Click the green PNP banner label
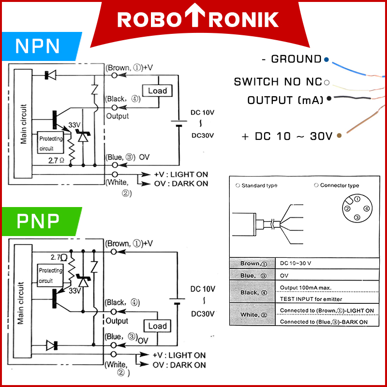click(x=38, y=221)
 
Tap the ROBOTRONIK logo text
click(x=198, y=19)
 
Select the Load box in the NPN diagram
click(x=157, y=90)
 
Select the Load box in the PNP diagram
click(x=157, y=326)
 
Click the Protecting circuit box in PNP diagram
click(x=50, y=275)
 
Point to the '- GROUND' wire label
click(x=291, y=59)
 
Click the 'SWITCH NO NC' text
click(x=278, y=82)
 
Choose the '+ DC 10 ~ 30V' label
click(x=287, y=136)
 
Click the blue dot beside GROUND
click(x=327, y=60)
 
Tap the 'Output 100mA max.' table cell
click(x=305, y=288)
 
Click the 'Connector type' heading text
click(x=339, y=185)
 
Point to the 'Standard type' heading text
click(x=259, y=186)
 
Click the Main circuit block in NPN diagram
click(x=24, y=123)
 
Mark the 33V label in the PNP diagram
click(x=74, y=291)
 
